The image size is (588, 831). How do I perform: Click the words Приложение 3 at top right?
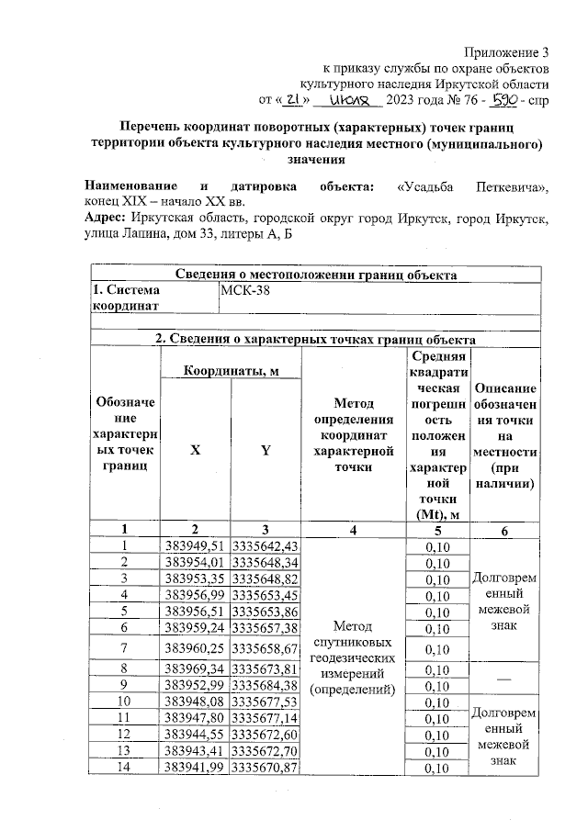(506, 51)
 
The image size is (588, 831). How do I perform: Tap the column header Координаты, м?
(230, 370)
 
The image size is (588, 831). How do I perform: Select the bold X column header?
(195, 451)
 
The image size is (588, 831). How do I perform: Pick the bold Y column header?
(266, 451)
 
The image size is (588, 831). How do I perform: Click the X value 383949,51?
(195, 545)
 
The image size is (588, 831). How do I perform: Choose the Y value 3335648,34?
(266, 562)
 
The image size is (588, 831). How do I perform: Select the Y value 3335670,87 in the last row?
(266, 768)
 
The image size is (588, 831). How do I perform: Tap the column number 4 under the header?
(353, 529)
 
